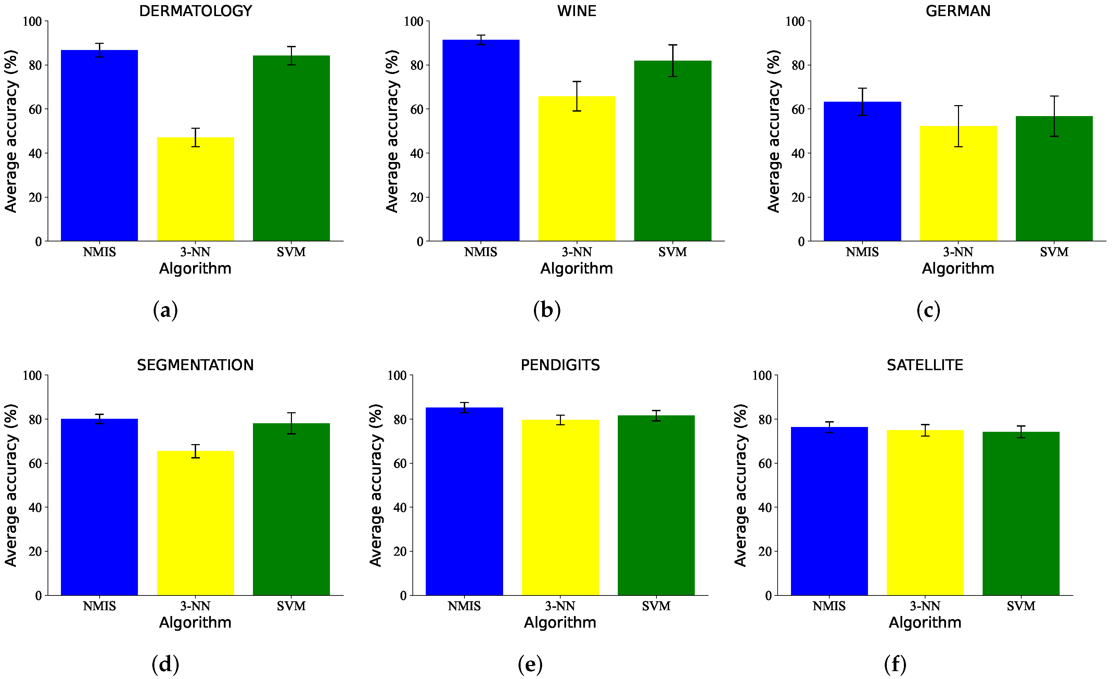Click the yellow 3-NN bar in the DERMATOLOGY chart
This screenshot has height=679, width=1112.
click(195, 190)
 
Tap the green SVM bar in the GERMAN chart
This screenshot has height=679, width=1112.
click(1054, 180)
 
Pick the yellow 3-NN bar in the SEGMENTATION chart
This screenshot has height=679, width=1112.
click(195, 524)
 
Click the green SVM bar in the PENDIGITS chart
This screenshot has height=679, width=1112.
click(656, 506)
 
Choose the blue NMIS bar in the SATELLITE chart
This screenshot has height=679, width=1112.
click(829, 510)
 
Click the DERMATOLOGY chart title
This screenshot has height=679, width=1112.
click(195, 11)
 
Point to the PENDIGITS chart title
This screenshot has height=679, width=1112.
click(560, 365)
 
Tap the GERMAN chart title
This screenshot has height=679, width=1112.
click(958, 11)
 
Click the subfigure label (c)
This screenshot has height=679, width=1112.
click(928, 310)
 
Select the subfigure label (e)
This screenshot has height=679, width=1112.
click(530, 664)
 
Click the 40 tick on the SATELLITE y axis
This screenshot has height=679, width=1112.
click(765, 507)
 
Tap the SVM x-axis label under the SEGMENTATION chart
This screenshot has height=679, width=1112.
click(291, 606)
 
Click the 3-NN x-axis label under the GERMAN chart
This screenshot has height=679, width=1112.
click(958, 252)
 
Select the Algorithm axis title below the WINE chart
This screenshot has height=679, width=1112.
click(576, 268)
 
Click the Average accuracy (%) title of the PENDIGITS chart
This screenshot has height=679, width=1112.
click(375, 485)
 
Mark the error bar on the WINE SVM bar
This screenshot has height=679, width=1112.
click(673, 61)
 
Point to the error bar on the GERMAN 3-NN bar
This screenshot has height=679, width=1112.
click(958, 126)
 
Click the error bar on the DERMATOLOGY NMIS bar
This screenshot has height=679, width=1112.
click(99, 50)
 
